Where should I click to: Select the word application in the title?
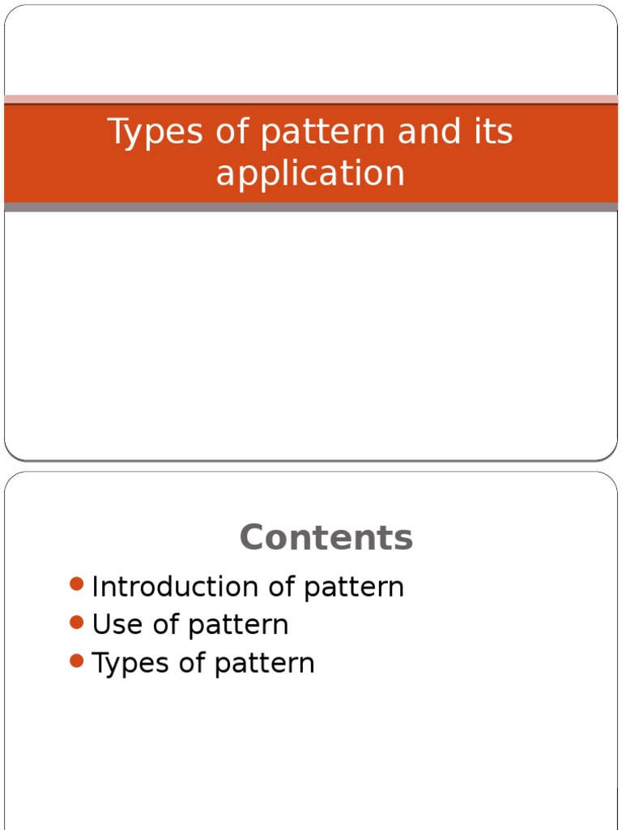tap(310, 173)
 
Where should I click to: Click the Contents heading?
tap(326, 537)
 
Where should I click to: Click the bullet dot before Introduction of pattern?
tap(77, 584)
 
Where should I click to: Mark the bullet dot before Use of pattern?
tap(77, 622)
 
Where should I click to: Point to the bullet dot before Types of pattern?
tap(77, 661)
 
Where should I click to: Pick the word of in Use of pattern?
tap(167, 625)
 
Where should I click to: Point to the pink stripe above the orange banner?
tap(311, 99)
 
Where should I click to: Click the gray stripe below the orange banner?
tap(311, 207)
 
